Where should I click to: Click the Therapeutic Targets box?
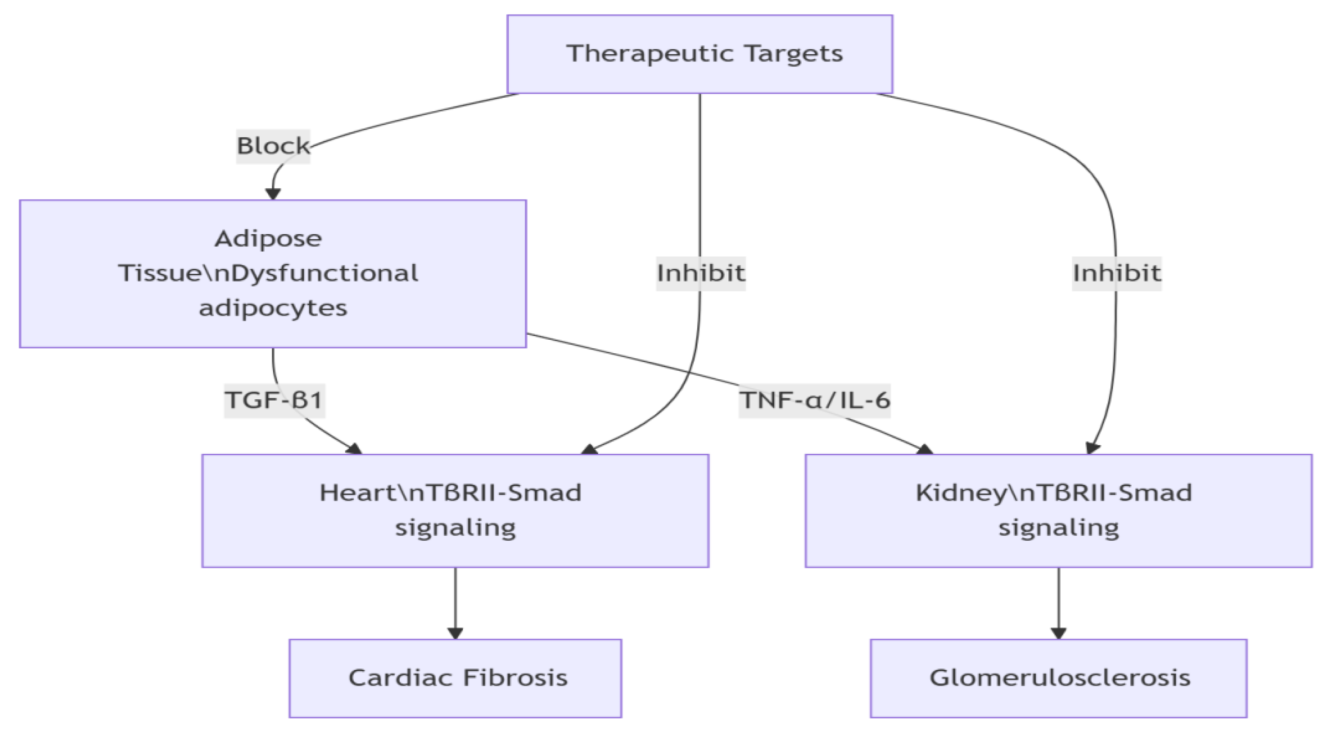[x=699, y=54]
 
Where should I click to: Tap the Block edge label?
[x=273, y=146]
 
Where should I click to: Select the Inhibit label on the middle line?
[x=700, y=273]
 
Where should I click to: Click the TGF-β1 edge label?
[x=274, y=400]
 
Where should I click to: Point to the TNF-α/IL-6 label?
[x=814, y=400]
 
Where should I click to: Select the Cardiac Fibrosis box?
[x=455, y=678]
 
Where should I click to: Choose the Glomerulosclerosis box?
[x=1058, y=678]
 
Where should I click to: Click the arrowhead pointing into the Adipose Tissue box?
[x=273, y=194]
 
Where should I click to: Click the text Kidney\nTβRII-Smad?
[x=1053, y=493]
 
